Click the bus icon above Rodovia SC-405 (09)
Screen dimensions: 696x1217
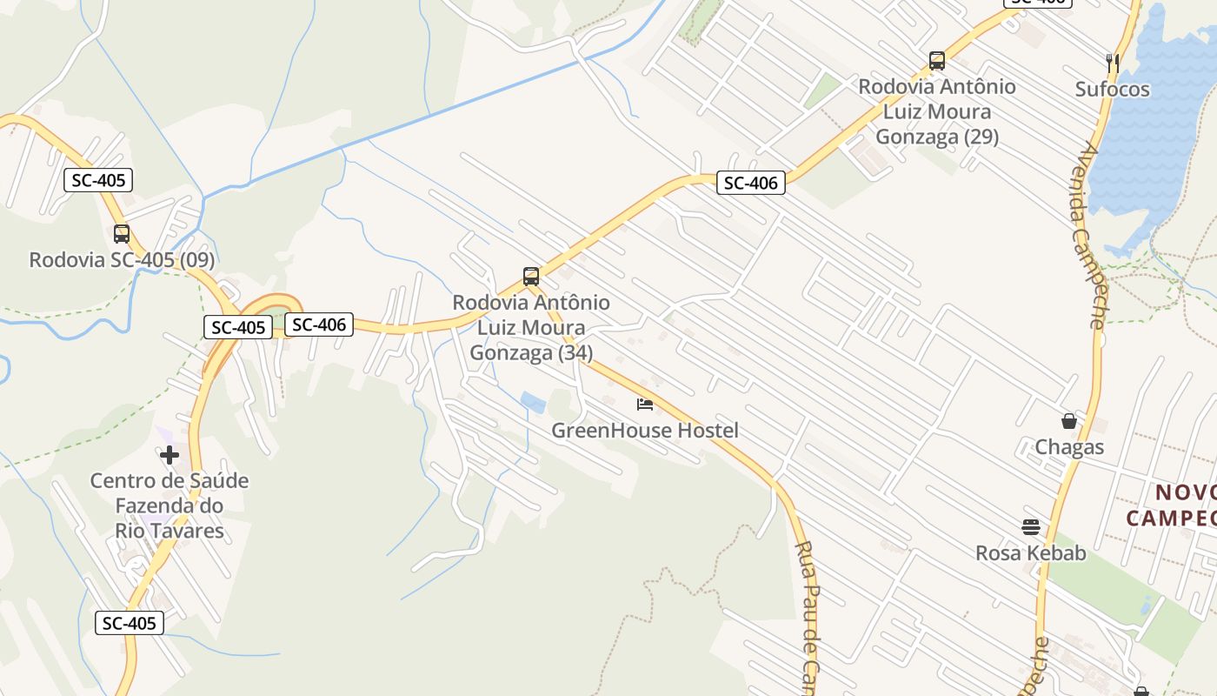coord(122,234)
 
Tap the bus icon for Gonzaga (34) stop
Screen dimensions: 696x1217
coord(531,277)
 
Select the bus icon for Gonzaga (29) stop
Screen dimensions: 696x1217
coord(936,61)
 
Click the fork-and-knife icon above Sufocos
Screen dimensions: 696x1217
coord(1112,63)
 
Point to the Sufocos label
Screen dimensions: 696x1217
coord(1112,90)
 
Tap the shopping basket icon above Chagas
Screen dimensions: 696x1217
coord(1068,421)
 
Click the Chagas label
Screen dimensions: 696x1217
coord(1068,447)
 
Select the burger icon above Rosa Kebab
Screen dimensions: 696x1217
coord(1031,526)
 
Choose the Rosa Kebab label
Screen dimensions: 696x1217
coord(1030,553)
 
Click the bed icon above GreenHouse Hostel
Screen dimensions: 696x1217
coord(645,404)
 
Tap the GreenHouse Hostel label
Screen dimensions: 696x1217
coord(645,431)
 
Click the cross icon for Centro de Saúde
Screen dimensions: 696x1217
coord(170,454)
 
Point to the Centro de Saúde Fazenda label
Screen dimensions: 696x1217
coord(170,493)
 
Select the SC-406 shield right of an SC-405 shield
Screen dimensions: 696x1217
coord(319,325)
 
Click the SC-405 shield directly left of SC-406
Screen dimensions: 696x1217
coord(238,327)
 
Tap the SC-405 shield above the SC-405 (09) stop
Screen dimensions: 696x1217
coord(98,181)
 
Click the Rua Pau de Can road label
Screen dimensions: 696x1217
coord(807,618)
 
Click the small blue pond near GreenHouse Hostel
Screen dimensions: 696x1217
coord(533,402)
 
